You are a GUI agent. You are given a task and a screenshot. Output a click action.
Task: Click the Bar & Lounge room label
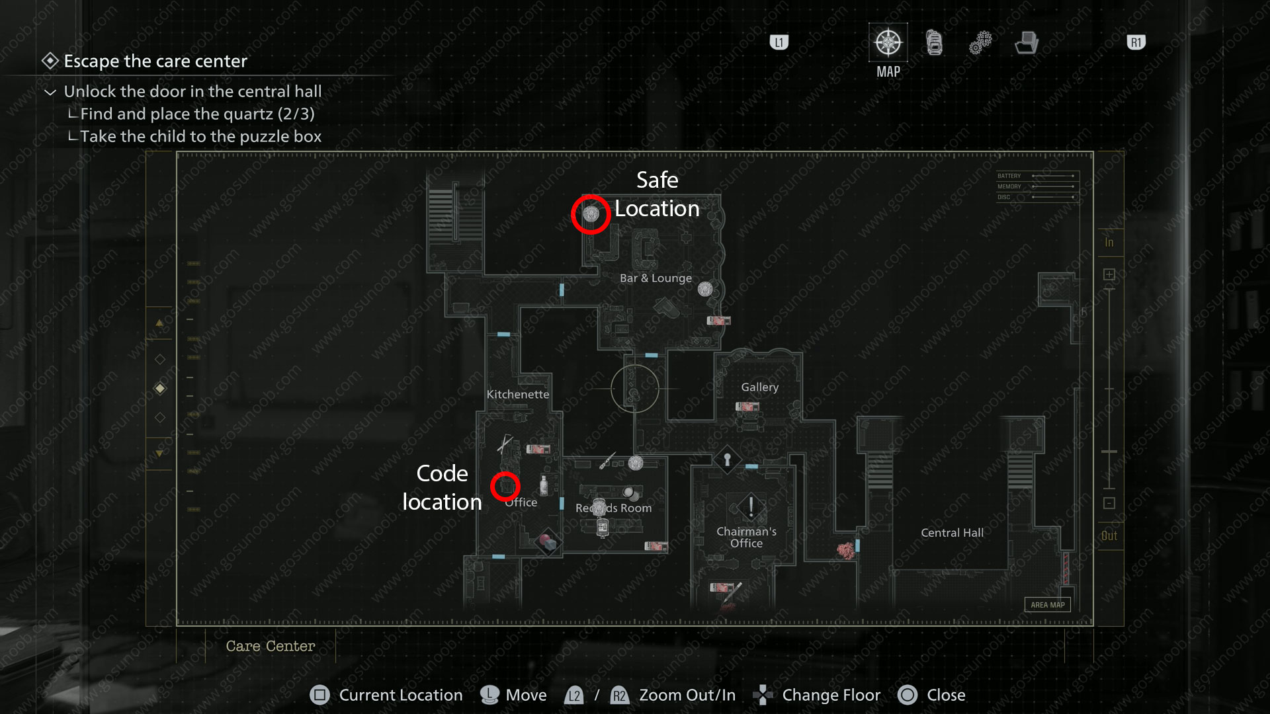coord(656,278)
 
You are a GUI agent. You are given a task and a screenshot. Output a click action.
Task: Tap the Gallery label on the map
coord(759,387)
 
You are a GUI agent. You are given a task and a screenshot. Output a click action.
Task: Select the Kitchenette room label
coord(518,395)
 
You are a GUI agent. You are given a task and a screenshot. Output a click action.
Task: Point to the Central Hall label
coord(952,533)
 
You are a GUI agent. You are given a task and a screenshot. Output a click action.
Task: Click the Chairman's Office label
coord(746,537)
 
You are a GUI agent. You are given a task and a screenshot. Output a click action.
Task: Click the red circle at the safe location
coord(591,214)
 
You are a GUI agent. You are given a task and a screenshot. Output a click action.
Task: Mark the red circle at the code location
coord(505,487)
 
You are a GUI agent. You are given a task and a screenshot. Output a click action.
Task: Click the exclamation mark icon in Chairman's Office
coord(751,507)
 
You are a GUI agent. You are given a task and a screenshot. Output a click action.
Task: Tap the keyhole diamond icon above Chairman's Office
coord(727,459)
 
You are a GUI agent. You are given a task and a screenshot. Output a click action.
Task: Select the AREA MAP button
coord(1047,605)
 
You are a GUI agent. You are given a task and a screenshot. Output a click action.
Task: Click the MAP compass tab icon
coord(888,43)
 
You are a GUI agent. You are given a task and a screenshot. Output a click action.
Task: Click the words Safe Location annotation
coord(657,194)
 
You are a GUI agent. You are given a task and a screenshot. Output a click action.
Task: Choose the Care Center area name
coord(270,647)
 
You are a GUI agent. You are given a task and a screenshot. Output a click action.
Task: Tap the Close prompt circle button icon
coord(908,695)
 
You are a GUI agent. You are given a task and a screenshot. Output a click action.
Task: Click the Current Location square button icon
coord(319,695)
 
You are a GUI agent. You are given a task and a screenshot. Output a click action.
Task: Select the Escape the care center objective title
coord(155,61)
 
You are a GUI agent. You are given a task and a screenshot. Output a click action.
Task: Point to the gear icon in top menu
coord(980,43)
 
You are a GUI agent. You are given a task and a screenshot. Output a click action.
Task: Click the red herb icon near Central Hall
coord(845,550)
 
